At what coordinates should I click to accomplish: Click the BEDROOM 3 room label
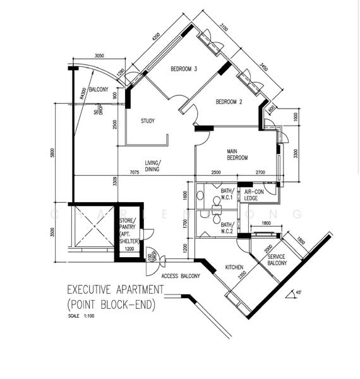pyautogui.click(x=183, y=69)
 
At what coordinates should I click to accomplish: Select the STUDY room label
pyautogui.click(x=148, y=121)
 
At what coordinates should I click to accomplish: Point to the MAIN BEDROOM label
pyautogui.click(x=237, y=155)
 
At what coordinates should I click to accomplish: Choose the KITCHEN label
pyautogui.click(x=234, y=268)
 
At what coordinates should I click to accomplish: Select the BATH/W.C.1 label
pyautogui.click(x=227, y=194)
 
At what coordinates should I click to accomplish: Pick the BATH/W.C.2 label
pyautogui.click(x=227, y=228)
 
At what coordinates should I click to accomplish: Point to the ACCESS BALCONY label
pyautogui.click(x=181, y=276)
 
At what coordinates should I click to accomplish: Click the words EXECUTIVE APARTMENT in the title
pyautogui.click(x=115, y=290)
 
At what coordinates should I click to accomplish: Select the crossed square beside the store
pyautogui.click(x=93, y=231)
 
